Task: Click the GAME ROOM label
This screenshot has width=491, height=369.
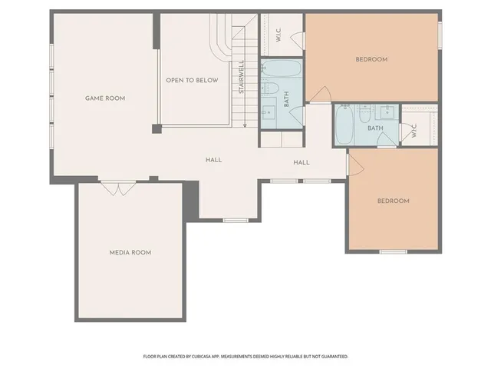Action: click(104, 98)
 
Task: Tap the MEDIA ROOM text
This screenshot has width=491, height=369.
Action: click(130, 252)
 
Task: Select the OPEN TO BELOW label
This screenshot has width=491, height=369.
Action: click(192, 80)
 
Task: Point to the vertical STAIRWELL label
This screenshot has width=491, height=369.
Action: click(241, 77)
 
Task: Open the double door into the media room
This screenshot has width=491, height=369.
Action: click(117, 187)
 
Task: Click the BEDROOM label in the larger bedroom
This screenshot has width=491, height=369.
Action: click(371, 59)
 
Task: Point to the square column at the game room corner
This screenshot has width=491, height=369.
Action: click(156, 128)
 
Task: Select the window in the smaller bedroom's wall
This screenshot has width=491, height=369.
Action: click(393, 251)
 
